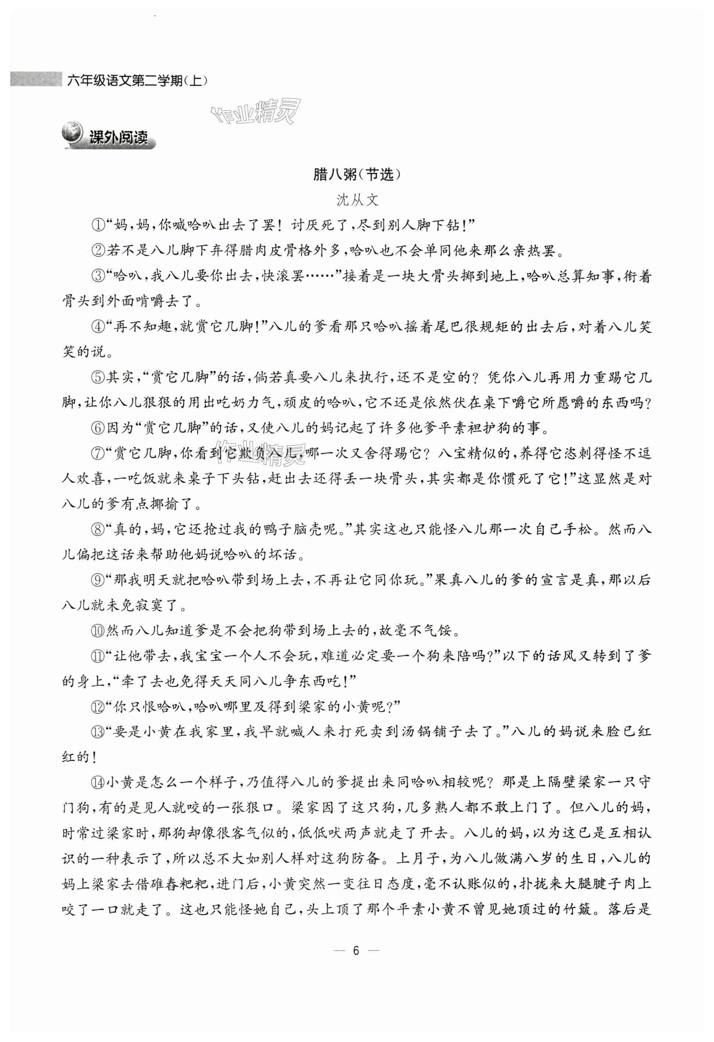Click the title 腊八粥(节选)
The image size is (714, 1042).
tap(356, 175)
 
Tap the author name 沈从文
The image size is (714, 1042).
tap(357, 200)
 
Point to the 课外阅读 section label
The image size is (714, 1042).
tap(119, 137)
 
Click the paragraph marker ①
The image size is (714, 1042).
tap(98, 225)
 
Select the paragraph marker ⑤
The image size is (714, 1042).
tap(98, 377)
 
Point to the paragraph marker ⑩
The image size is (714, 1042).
tap(98, 631)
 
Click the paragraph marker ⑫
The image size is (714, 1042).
tap(98, 707)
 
